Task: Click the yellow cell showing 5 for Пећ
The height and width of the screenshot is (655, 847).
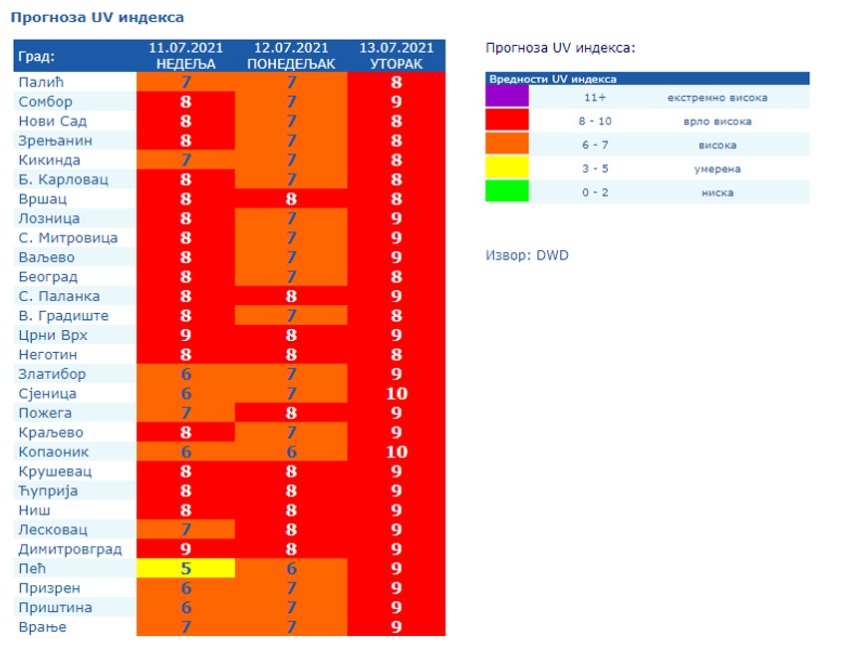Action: [185, 568]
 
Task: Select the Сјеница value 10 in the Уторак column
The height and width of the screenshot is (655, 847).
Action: [397, 394]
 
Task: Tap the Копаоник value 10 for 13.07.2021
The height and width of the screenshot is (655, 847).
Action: [397, 452]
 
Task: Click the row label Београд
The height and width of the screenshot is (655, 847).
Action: [48, 277]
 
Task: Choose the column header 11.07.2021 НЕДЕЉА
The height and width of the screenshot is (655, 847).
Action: [185, 56]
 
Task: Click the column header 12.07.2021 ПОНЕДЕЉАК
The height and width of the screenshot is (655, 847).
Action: [291, 56]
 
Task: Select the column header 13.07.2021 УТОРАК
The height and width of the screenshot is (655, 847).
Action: [397, 56]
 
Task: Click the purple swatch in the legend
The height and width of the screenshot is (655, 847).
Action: [506, 98]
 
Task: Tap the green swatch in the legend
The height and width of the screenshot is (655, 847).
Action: [506, 192]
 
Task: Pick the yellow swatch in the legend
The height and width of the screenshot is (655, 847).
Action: [506, 168]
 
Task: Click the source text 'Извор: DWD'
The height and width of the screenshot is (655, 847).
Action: [527, 255]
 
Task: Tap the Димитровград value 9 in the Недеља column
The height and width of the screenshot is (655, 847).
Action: [185, 549]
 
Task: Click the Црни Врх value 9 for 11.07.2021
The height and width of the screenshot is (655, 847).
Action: [185, 335]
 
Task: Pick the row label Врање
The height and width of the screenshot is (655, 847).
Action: [43, 627]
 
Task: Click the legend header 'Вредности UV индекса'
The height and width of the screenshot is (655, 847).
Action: [552, 79]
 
